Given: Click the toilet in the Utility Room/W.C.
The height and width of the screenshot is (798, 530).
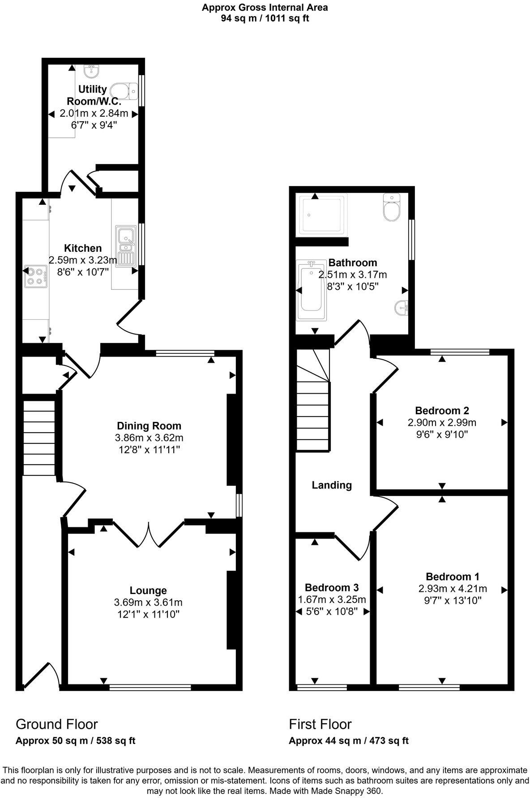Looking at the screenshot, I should (x=125, y=90).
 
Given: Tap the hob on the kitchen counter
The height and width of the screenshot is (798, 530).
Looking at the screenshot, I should (x=36, y=276).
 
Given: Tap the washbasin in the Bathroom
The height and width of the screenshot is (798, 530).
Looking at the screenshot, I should (x=402, y=308).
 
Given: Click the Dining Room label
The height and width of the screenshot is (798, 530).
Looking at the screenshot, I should (x=149, y=426).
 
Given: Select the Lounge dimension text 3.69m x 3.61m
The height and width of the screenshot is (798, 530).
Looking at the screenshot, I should (x=148, y=603).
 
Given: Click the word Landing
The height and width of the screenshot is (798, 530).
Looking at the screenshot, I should (x=332, y=485).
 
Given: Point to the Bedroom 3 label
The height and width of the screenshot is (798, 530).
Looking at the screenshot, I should (x=332, y=587).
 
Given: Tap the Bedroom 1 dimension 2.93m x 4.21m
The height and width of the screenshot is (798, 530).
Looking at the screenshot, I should (x=453, y=588).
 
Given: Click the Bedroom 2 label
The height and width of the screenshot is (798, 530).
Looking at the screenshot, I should (x=442, y=410).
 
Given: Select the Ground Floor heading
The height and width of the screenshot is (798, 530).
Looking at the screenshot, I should (x=56, y=724).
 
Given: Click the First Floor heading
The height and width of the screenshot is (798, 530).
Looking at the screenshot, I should (x=320, y=724).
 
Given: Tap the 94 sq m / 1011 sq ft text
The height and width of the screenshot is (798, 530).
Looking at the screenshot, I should (x=265, y=18).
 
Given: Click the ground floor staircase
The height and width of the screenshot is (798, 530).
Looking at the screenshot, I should (x=39, y=438).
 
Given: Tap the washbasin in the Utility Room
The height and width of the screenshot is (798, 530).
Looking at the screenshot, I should (x=92, y=71).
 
